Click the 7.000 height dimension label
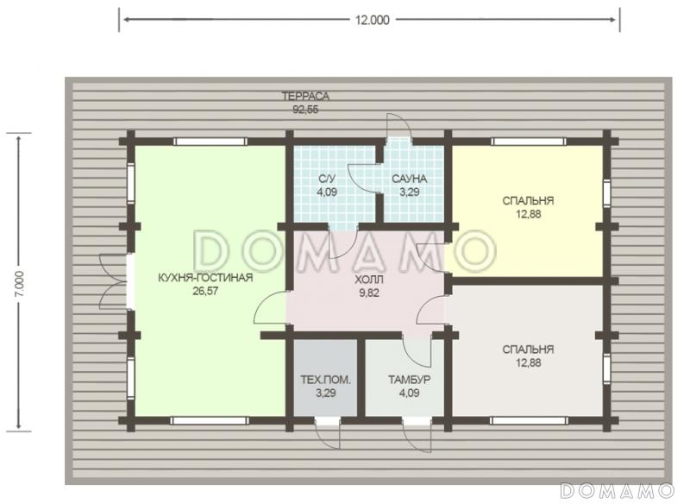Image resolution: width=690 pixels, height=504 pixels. click(21, 283)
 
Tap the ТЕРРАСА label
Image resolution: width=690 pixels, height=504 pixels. click(305, 96)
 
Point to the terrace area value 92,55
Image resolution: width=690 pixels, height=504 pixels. click(305, 110)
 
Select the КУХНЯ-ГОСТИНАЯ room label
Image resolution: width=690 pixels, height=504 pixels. click(205, 278)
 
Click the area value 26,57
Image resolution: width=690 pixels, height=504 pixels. click(205, 291)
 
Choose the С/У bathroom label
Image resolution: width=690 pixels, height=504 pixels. click(327, 179)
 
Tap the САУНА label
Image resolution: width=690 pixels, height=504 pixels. click(409, 179)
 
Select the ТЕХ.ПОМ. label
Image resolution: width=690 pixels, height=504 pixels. click(326, 380)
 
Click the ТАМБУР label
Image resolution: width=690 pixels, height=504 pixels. click(409, 380)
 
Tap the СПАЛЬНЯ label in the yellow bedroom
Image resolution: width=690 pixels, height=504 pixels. click(528, 201)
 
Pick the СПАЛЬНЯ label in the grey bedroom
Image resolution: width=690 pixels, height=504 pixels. click(528, 350)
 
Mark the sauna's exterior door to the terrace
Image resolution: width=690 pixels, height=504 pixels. click(398, 128)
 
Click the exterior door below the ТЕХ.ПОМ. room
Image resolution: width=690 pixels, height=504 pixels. click(328, 432)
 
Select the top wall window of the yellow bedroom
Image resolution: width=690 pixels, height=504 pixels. click(528, 142)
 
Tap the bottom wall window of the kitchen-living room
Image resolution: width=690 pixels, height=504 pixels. click(210, 421)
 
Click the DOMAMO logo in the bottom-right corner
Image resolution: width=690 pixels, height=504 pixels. click(618, 490)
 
